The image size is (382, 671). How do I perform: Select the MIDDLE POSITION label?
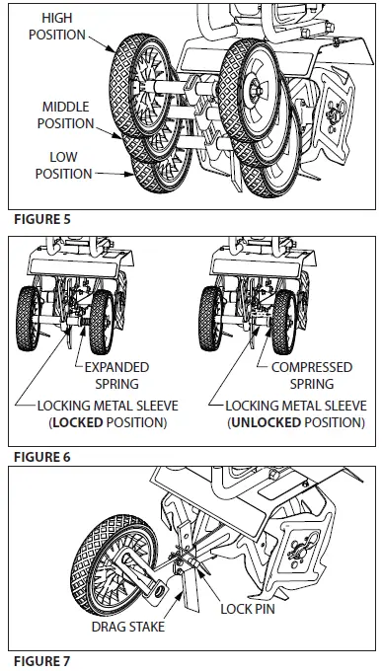(x=67, y=114)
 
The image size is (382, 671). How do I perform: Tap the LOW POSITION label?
(x=67, y=165)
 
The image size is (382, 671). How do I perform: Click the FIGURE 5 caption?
(x=39, y=218)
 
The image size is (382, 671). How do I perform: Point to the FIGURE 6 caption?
(x=39, y=457)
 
